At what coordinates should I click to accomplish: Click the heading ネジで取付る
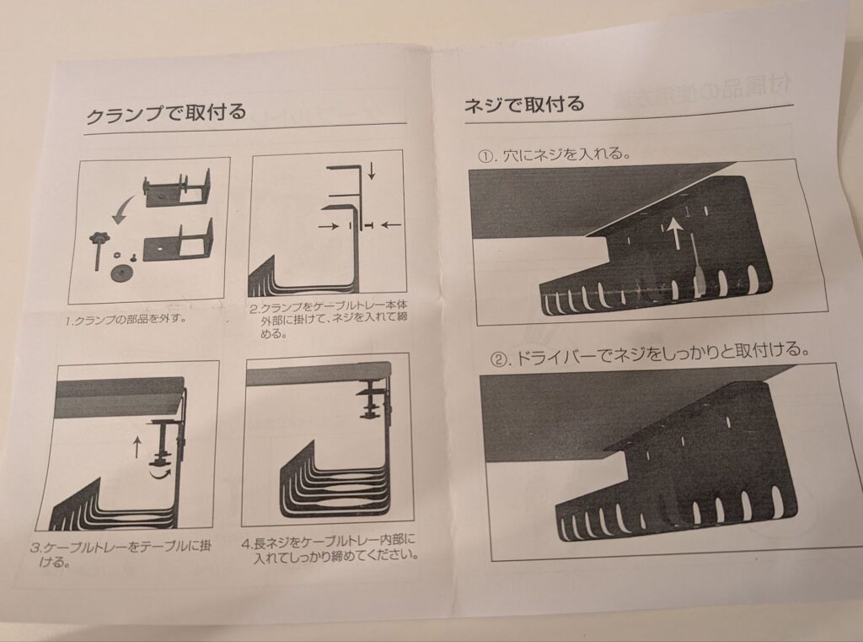(x=524, y=104)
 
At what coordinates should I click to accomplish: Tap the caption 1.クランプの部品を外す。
(x=123, y=320)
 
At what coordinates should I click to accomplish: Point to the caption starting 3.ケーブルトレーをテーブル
(x=120, y=553)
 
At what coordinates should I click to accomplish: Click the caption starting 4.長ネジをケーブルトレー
(x=330, y=549)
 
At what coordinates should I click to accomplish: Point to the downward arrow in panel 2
(x=372, y=170)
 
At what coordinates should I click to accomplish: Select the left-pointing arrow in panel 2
(x=391, y=224)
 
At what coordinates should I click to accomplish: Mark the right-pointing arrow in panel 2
(x=329, y=226)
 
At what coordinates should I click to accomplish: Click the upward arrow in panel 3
(x=137, y=447)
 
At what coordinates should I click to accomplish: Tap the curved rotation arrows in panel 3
(x=161, y=472)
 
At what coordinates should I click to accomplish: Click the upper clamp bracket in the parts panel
(x=179, y=188)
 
